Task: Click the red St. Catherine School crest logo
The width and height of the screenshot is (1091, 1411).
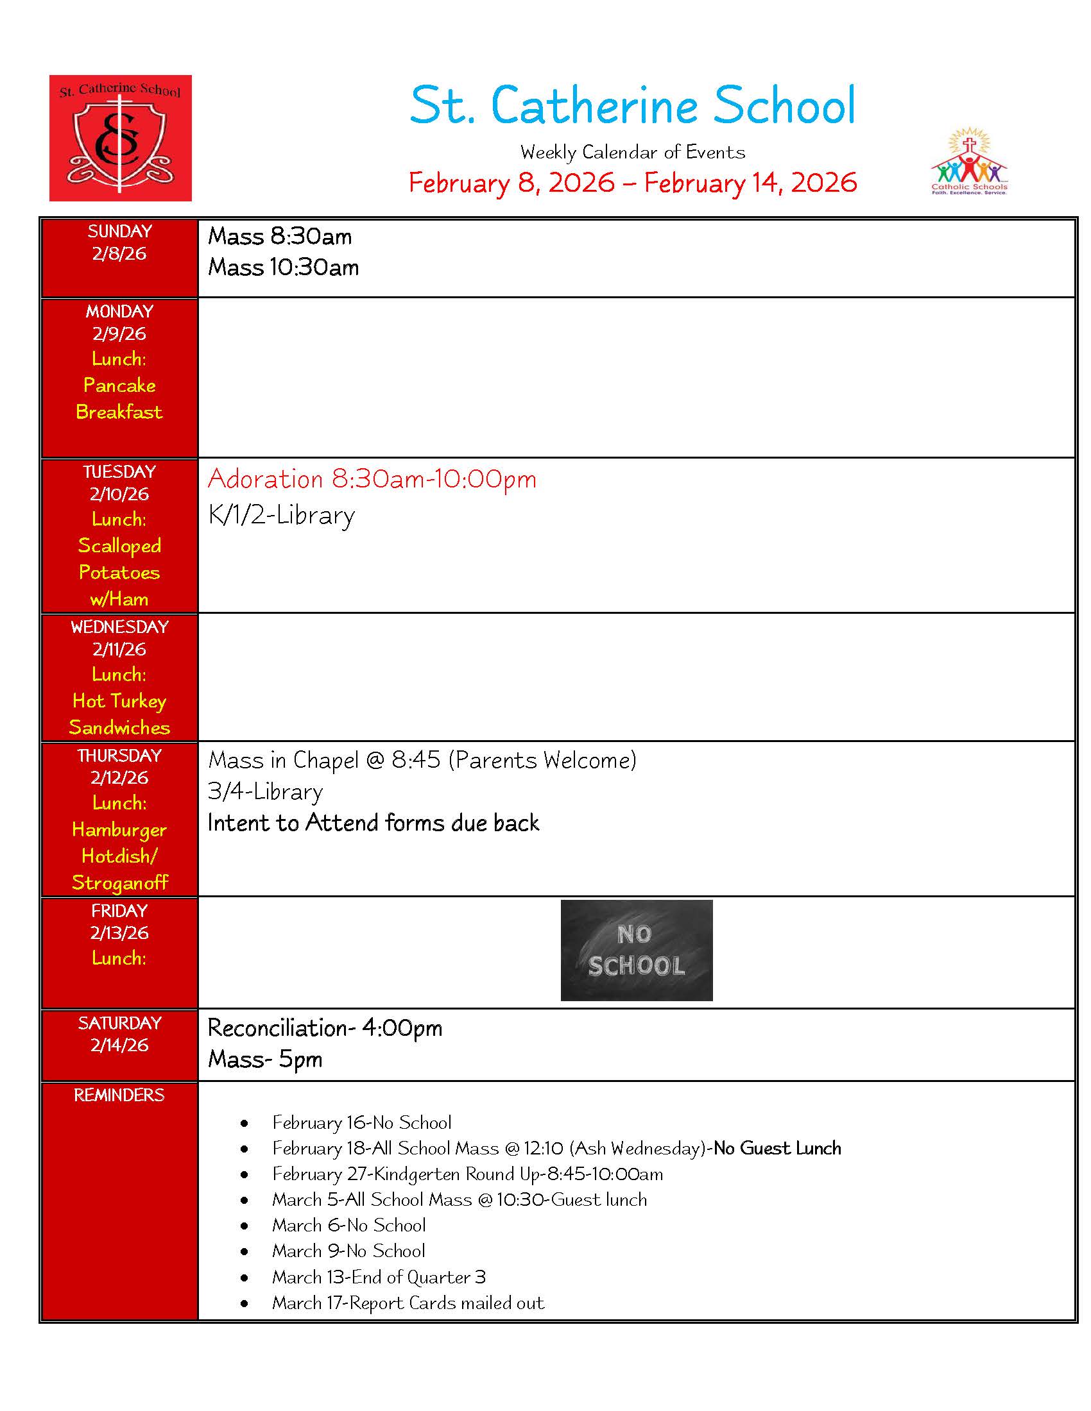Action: click(120, 138)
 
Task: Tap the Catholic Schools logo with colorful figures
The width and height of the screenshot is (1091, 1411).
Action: click(968, 162)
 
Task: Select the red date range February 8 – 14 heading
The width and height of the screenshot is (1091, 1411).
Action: click(632, 183)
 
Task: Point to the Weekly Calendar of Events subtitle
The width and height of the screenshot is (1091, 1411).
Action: click(632, 153)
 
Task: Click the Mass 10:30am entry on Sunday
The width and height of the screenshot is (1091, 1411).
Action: click(283, 267)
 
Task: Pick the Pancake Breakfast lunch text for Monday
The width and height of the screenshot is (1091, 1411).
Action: click(119, 399)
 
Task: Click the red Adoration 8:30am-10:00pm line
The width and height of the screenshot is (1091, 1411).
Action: click(372, 479)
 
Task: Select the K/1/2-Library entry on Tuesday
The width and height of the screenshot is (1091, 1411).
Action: click(281, 516)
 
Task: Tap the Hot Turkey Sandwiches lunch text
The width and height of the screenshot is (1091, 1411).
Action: click(119, 714)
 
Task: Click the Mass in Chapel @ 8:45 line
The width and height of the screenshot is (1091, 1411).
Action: click(422, 761)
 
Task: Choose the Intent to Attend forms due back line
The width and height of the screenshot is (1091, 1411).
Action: click(373, 823)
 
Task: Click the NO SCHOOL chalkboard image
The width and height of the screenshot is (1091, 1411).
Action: click(636, 950)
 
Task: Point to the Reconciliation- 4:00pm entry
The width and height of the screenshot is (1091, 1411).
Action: click(325, 1028)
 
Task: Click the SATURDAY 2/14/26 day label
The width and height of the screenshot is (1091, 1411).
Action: click(119, 1034)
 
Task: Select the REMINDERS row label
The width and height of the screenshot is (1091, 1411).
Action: click(119, 1095)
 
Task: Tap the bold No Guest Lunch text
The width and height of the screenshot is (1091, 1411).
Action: click(777, 1148)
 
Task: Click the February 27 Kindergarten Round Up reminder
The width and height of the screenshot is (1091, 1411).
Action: click(467, 1174)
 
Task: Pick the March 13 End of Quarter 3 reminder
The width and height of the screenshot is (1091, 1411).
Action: click(379, 1277)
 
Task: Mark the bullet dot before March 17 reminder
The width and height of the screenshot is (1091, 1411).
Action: click(245, 1305)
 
